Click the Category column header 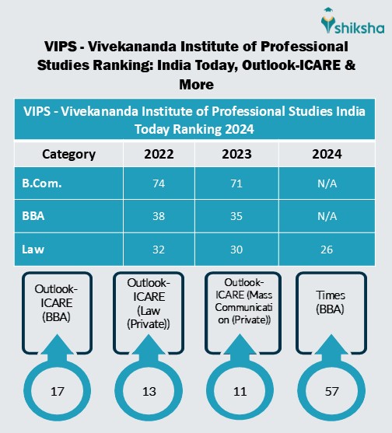pos(68,154)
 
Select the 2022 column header pos(159,154)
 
